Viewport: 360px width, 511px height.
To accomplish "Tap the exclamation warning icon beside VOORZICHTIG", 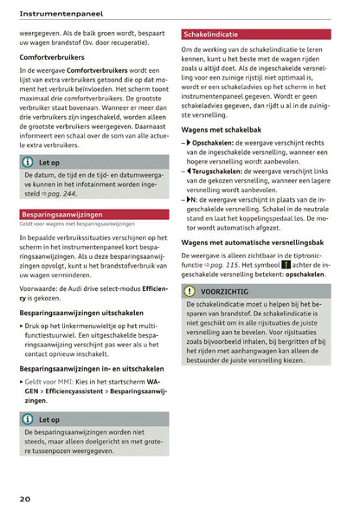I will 190,292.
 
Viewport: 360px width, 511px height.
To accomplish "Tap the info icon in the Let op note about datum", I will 28,161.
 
